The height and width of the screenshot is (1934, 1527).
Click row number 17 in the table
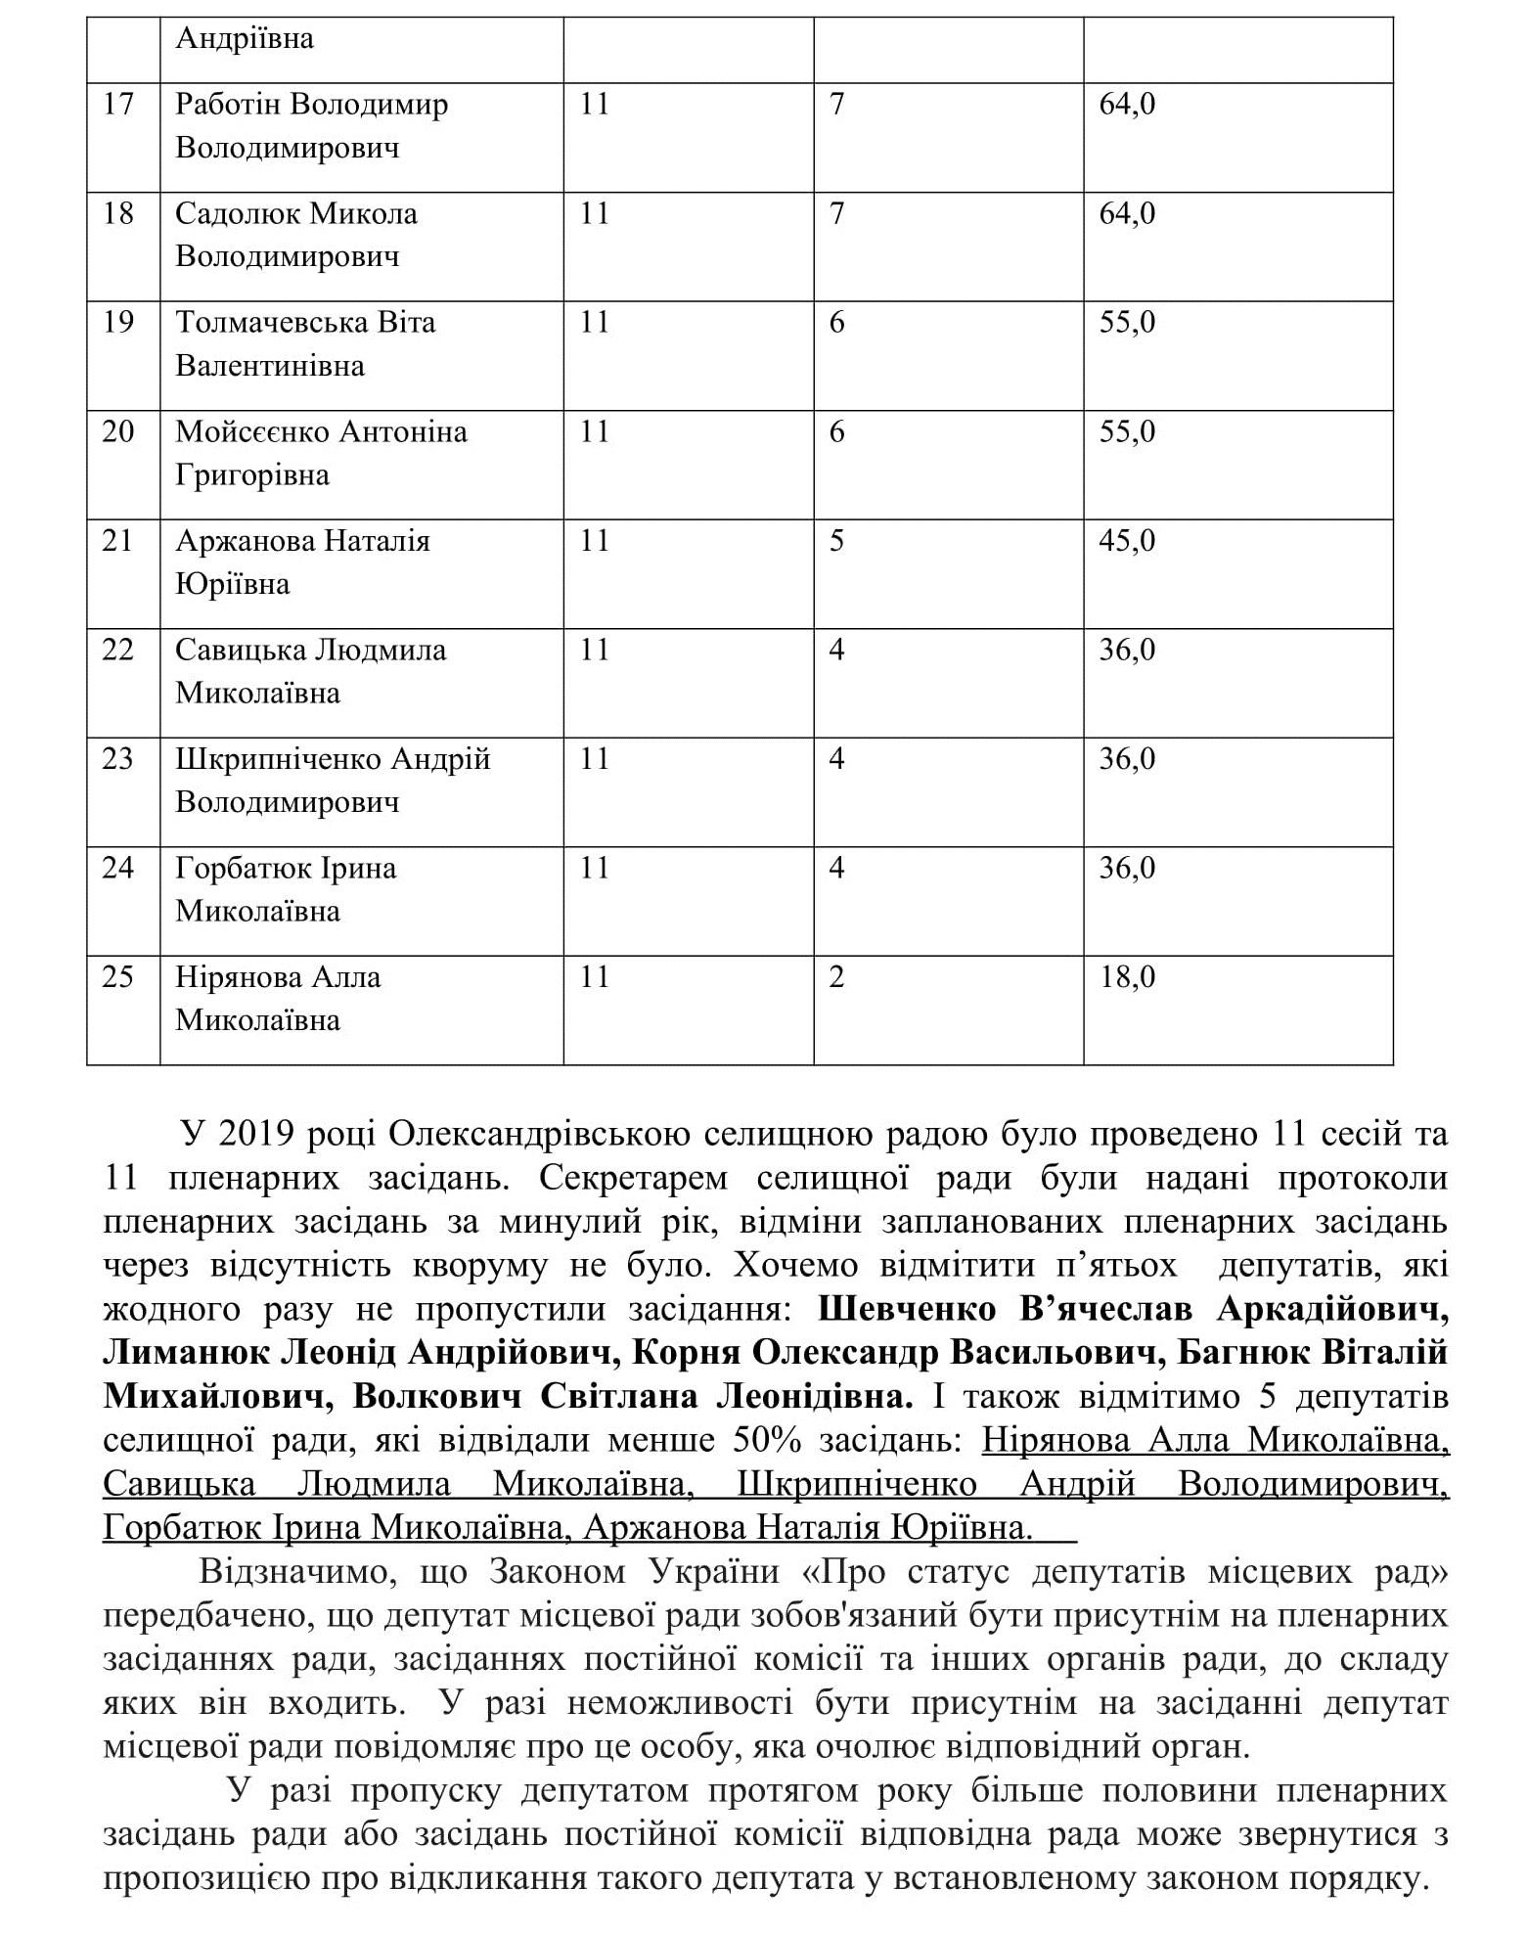(117, 104)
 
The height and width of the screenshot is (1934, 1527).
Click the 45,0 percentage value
(1127, 540)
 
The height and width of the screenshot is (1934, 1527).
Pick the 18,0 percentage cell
(1127, 976)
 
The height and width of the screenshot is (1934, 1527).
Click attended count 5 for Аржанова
(836, 540)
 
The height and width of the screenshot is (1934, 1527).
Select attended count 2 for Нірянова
(836, 976)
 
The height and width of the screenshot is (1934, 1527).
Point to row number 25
(117, 976)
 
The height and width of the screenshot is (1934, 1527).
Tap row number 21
(117, 540)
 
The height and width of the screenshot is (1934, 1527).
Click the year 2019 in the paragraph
(256, 1135)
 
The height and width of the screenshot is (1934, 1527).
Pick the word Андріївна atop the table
(245, 38)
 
